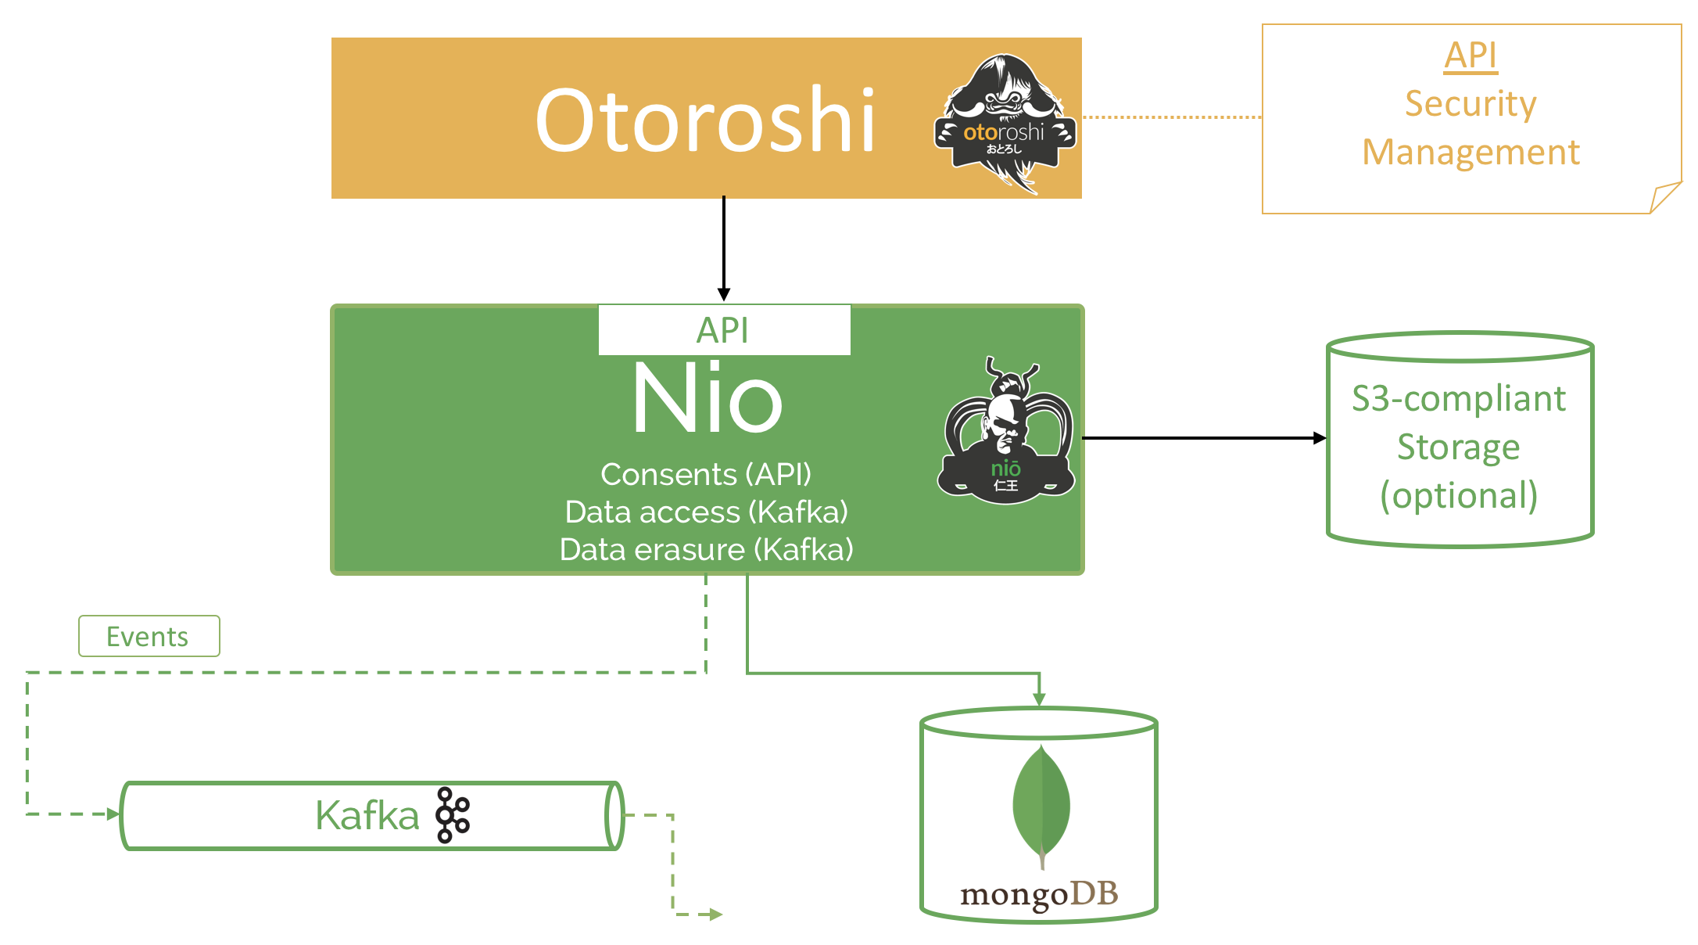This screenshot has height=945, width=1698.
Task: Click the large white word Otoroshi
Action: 704,120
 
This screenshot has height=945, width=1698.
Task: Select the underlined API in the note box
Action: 1471,56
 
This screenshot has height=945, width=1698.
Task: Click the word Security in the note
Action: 1471,104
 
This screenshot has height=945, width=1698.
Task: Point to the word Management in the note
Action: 1471,153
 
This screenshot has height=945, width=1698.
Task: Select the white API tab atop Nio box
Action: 724,330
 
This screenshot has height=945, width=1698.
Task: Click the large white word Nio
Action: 707,399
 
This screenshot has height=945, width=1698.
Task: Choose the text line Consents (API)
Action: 706,475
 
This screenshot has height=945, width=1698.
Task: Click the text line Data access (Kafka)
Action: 706,512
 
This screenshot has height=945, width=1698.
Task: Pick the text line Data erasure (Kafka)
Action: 706,550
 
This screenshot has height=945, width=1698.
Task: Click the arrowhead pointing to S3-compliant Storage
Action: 1320,438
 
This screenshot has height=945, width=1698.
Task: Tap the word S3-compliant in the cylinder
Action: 1459,399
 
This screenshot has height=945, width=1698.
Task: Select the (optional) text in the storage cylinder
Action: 1459,496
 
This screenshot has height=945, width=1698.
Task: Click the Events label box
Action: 149,636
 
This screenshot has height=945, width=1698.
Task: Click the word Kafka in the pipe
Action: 367,816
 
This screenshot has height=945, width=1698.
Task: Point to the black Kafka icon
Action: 453,815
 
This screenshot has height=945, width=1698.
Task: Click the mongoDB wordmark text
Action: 1039,894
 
